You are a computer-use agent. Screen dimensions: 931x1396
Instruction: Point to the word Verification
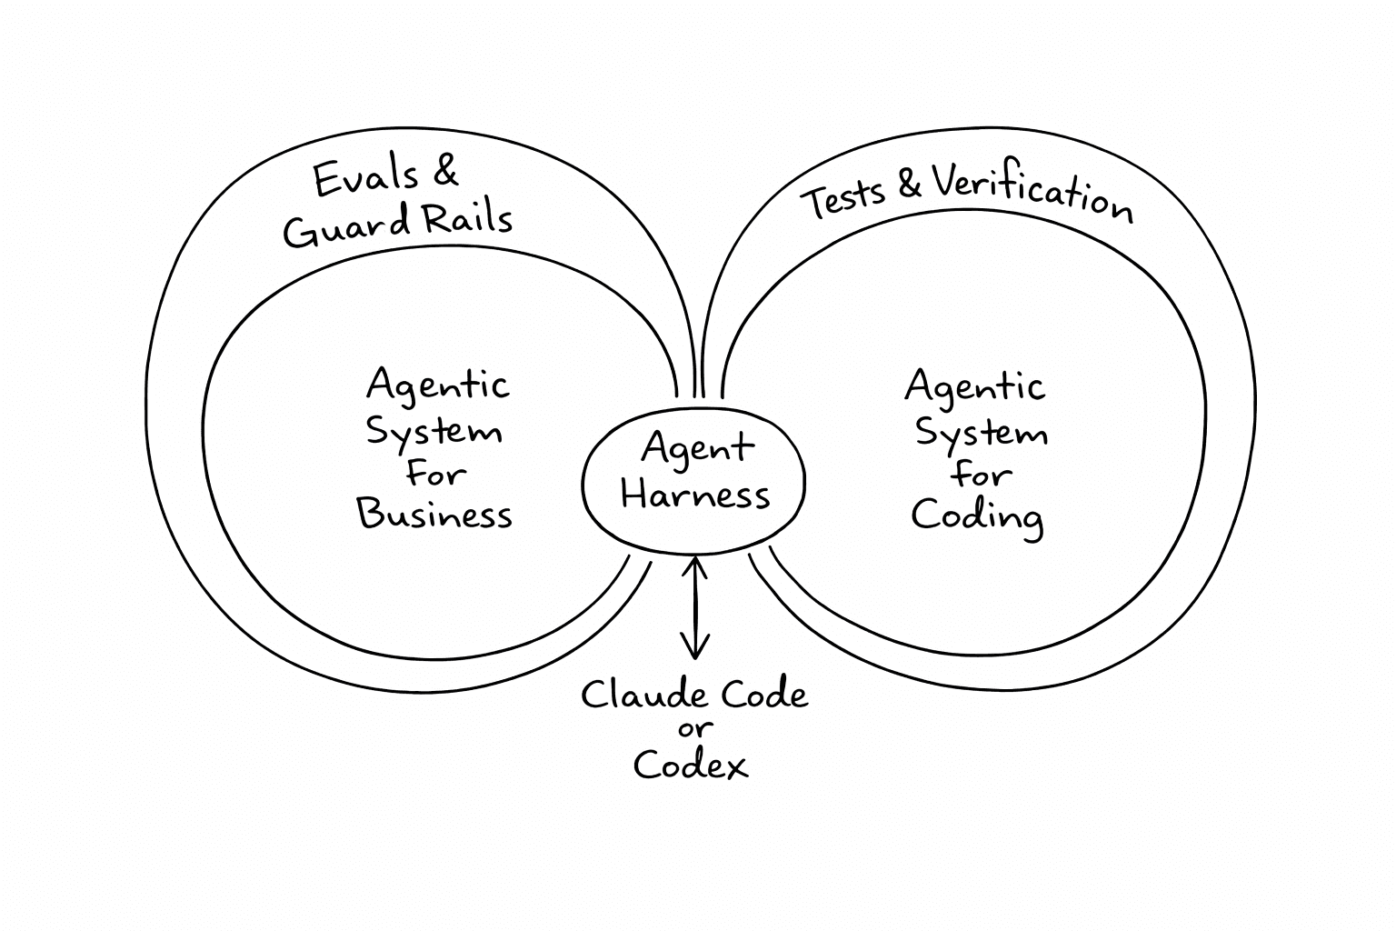[1032, 192]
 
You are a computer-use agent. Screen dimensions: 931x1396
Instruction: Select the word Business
[434, 514]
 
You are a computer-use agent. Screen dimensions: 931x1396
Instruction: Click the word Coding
[977, 516]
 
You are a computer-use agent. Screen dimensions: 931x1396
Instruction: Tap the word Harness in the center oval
[695, 495]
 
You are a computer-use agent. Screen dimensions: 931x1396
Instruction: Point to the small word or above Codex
[695, 729]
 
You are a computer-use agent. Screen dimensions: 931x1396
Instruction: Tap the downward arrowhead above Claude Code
[695, 649]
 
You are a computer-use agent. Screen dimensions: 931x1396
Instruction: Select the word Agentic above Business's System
[437, 385]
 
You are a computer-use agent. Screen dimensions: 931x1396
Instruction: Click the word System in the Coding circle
[981, 432]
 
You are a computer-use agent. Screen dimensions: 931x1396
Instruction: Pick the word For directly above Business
[436, 473]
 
